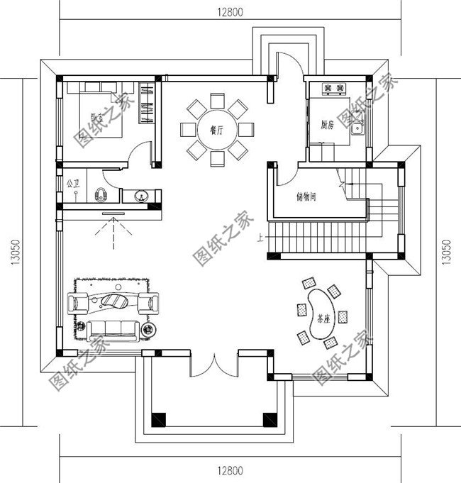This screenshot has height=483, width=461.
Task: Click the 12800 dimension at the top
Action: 230,11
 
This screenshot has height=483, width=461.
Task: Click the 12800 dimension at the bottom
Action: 230,471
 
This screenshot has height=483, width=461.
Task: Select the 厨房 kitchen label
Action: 327,126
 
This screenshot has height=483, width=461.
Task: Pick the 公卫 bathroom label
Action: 72,184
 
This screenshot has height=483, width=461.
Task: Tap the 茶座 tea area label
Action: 323,320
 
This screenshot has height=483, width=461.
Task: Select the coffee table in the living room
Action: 116,302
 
